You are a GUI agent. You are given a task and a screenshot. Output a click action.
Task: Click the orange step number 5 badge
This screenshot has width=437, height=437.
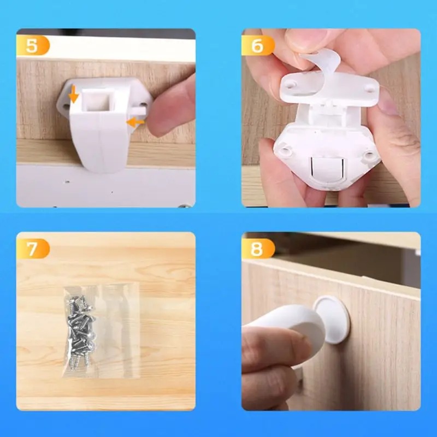click(33, 45)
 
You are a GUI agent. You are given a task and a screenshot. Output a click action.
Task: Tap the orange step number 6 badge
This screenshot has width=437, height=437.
click(258, 45)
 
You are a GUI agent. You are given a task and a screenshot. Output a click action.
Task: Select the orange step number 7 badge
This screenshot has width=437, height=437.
click(33, 249)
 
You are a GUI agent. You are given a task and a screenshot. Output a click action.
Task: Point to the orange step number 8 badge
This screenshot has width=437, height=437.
click(258, 249)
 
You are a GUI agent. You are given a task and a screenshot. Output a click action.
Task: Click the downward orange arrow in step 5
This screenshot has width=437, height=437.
click(74, 95)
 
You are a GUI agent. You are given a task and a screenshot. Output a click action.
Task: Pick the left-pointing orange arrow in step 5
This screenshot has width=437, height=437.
click(135, 122)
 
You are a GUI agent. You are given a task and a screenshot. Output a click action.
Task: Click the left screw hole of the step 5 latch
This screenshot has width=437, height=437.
click(66, 107)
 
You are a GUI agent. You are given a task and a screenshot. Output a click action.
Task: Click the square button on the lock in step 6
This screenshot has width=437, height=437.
click(327, 169)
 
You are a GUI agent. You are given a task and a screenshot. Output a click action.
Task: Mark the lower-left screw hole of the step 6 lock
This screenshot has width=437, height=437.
click(285, 151)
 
